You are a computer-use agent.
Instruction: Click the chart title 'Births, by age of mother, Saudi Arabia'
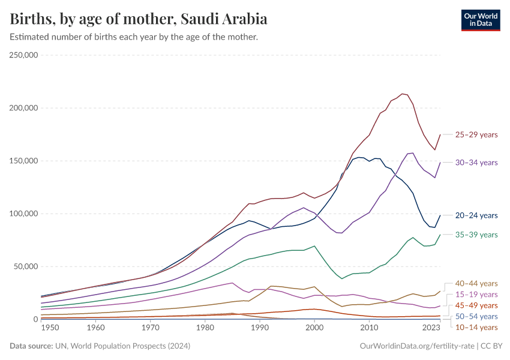139,19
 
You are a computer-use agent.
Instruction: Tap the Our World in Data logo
480,20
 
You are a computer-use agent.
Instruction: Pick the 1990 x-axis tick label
260,328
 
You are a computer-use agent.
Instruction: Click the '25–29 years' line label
476,134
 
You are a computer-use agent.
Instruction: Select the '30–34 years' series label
476,163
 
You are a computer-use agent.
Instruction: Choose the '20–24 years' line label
476,215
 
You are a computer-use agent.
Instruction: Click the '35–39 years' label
476,235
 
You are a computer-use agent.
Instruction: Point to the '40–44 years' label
476,283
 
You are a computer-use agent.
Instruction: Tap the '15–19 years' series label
476,295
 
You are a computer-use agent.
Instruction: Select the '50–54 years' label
476,316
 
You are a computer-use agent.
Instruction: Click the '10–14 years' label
476,327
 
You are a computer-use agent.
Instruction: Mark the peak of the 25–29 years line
402,94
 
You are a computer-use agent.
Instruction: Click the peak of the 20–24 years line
359,157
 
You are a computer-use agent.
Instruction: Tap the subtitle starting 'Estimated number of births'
134,37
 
